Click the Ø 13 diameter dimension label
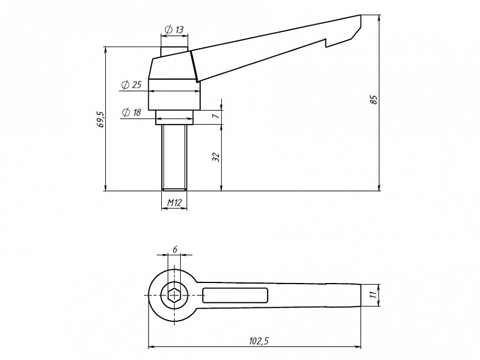[174, 30]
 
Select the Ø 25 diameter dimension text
[131, 85]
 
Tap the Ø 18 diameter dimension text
[131, 112]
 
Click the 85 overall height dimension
[374, 100]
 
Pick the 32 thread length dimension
[216, 157]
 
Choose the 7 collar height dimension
[216, 116]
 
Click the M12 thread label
[175, 202]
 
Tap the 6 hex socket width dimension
[175, 249]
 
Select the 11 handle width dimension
[372, 295]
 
